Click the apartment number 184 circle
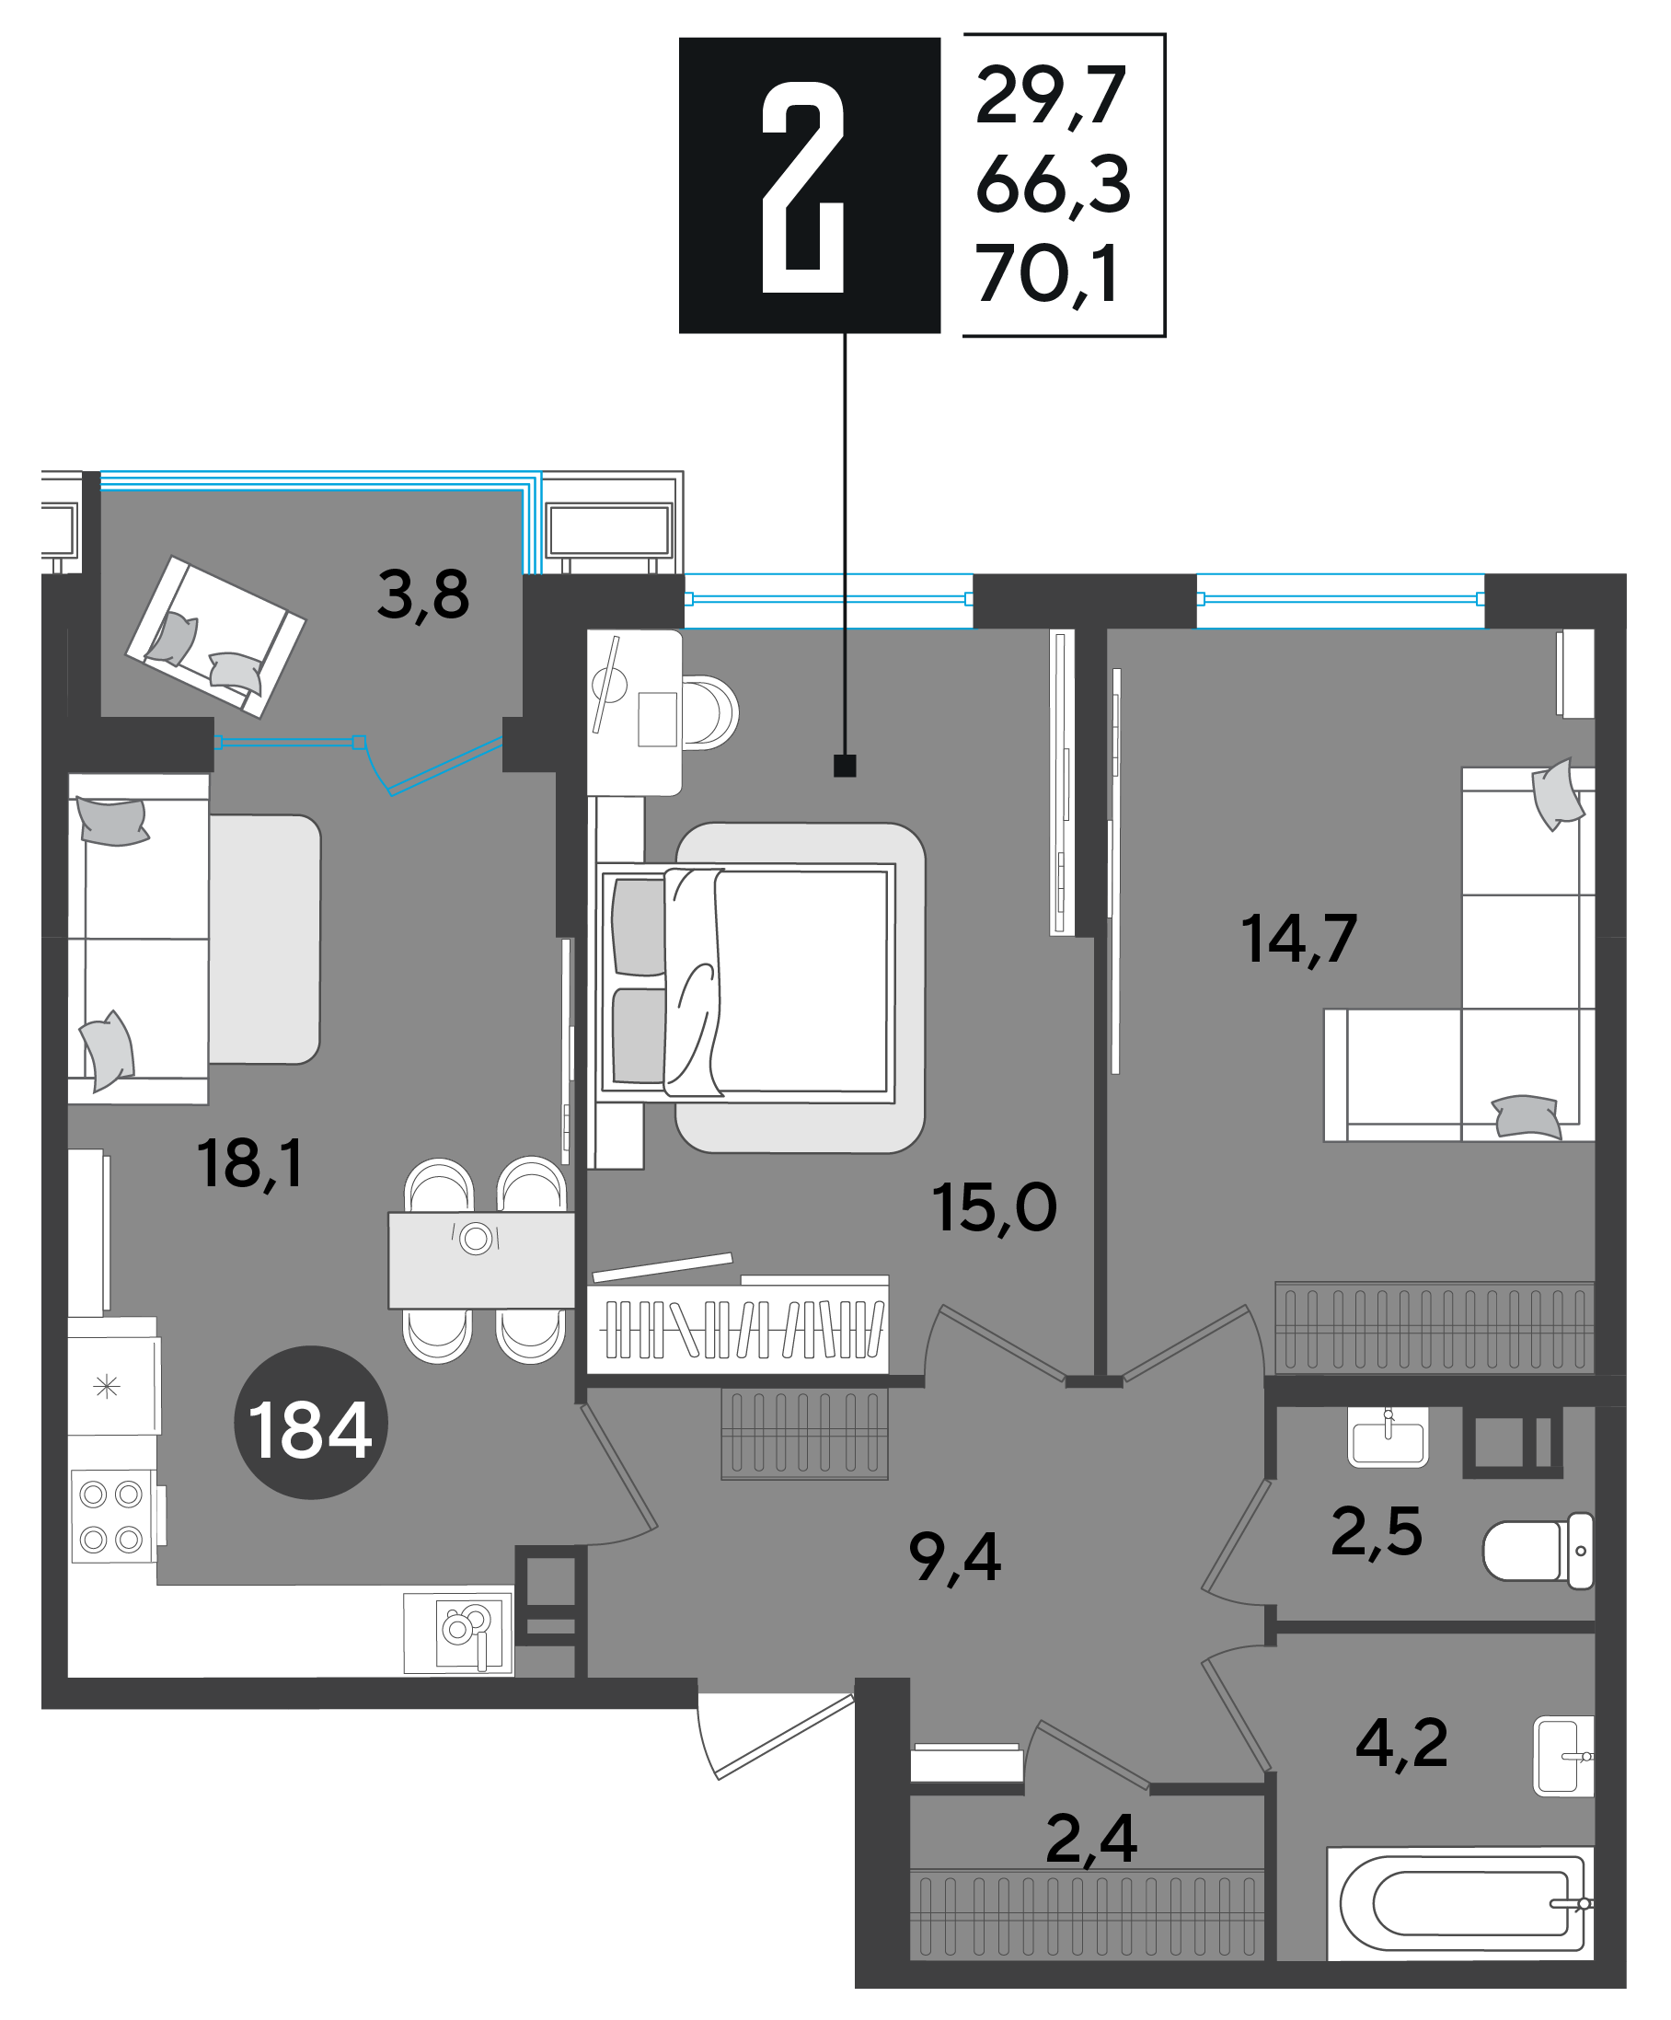point(310,1422)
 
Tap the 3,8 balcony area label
point(423,595)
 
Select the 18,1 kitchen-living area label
point(250,1164)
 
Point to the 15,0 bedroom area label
point(994,1209)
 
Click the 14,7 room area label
point(1298,940)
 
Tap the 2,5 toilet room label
point(1377,1531)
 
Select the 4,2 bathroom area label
point(1401,1743)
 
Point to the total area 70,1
point(1048,275)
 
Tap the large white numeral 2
point(803,187)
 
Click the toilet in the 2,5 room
point(1538,1551)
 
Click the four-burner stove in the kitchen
point(113,1517)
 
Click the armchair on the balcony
point(215,637)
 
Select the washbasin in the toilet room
point(1388,1437)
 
